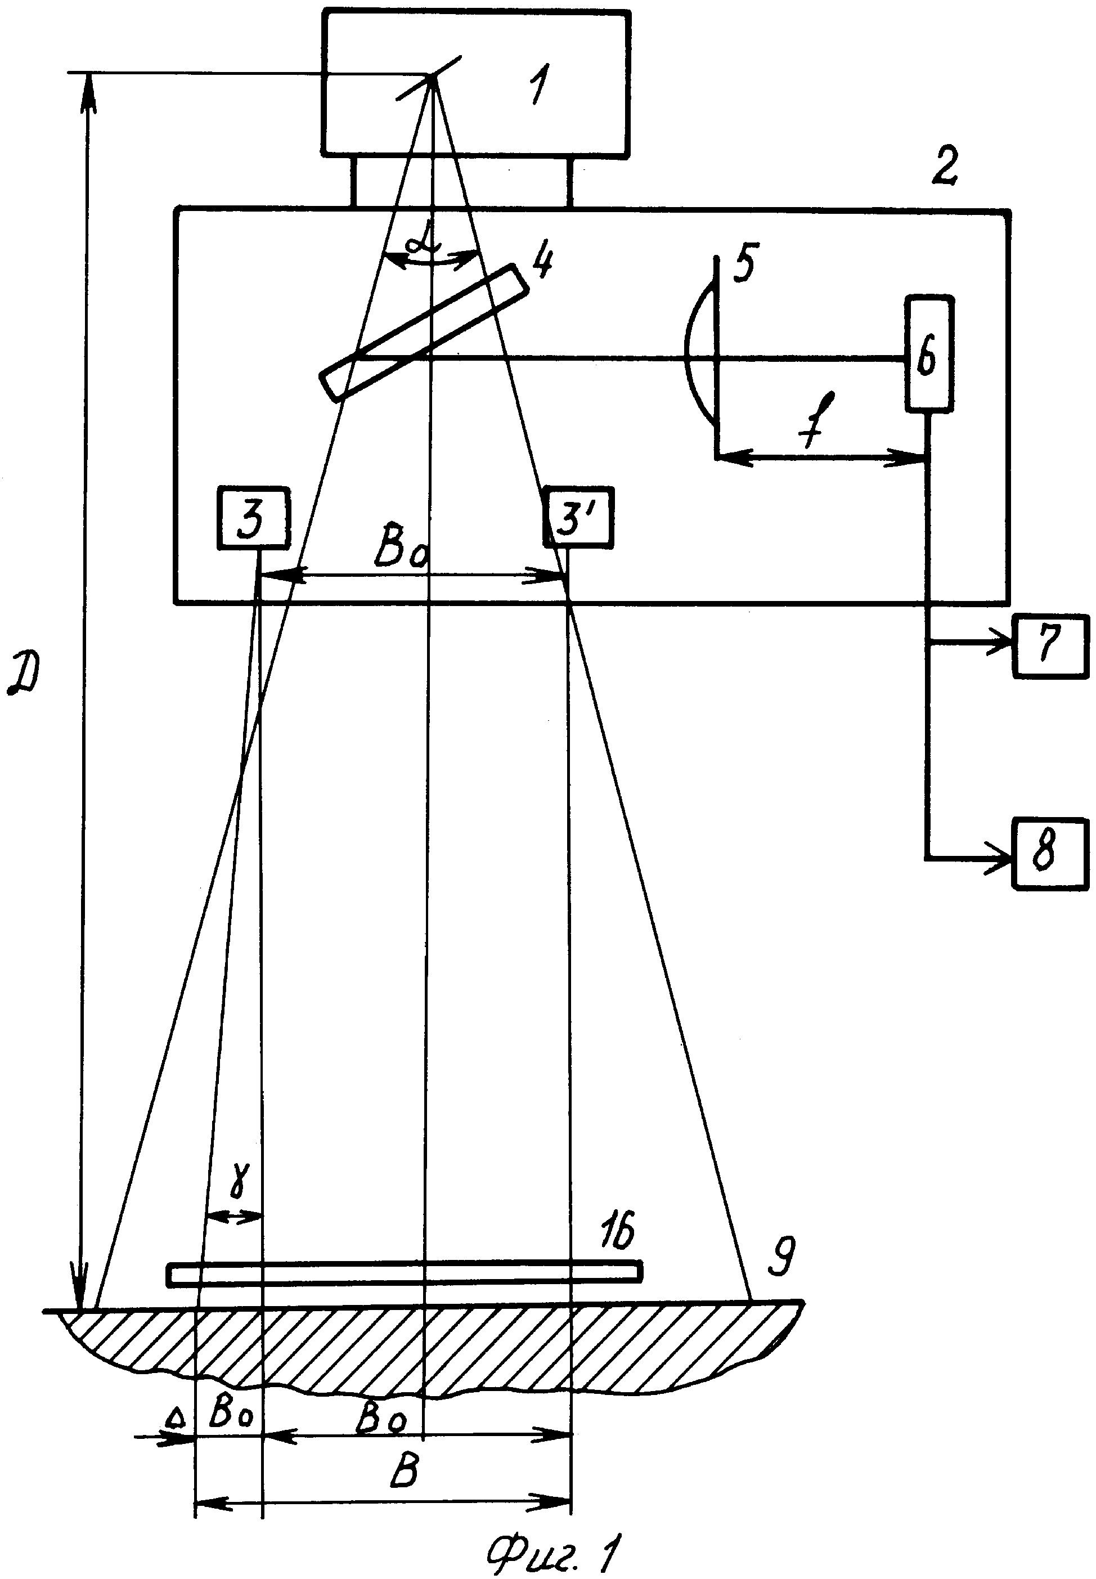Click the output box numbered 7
[x=1050, y=647]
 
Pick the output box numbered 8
[x=1050, y=854]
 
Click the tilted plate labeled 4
[x=423, y=332]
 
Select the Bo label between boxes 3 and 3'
[x=402, y=550]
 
